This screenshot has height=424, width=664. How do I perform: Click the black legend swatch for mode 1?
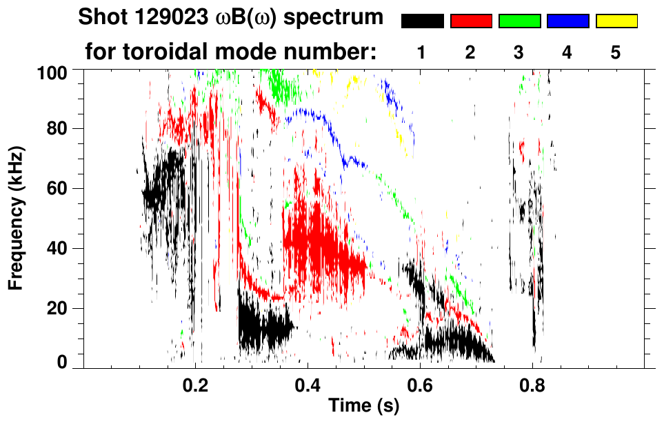[x=422, y=21]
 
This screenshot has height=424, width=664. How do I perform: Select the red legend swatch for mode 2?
[x=471, y=21]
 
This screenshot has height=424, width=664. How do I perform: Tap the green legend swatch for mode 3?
[x=519, y=21]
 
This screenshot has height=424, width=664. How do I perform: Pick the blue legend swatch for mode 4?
[x=567, y=21]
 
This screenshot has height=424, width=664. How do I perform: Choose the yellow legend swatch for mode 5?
[x=616, y=21]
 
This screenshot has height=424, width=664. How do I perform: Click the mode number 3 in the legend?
[x=519, y=53]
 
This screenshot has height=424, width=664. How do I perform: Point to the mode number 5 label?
[x=616, y=53]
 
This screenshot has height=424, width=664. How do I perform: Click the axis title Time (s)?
[x=363, y=406]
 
